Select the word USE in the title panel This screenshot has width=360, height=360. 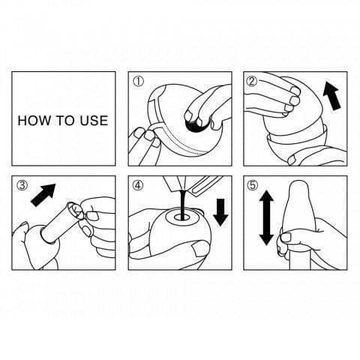[94, 120]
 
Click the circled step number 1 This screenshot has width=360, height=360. [138, 82]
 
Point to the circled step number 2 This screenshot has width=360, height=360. [252, 81]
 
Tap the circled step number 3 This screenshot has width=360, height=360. [22, 185]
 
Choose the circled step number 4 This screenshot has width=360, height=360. [138, 185]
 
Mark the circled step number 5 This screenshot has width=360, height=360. [252, 185]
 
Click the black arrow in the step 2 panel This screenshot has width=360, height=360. [331, 95]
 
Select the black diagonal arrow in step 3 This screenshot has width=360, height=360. [43, 194]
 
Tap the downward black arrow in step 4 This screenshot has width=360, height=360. [220, 212]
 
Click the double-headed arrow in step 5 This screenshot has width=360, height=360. [266, 217]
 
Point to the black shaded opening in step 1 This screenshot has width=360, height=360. [196, 125]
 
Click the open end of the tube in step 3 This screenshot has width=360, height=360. [74, 209]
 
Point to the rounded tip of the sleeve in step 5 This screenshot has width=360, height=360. [299, 184]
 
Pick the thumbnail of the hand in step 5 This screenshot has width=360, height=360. [286, 238]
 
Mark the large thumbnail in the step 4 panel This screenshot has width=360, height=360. [200, 249]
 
